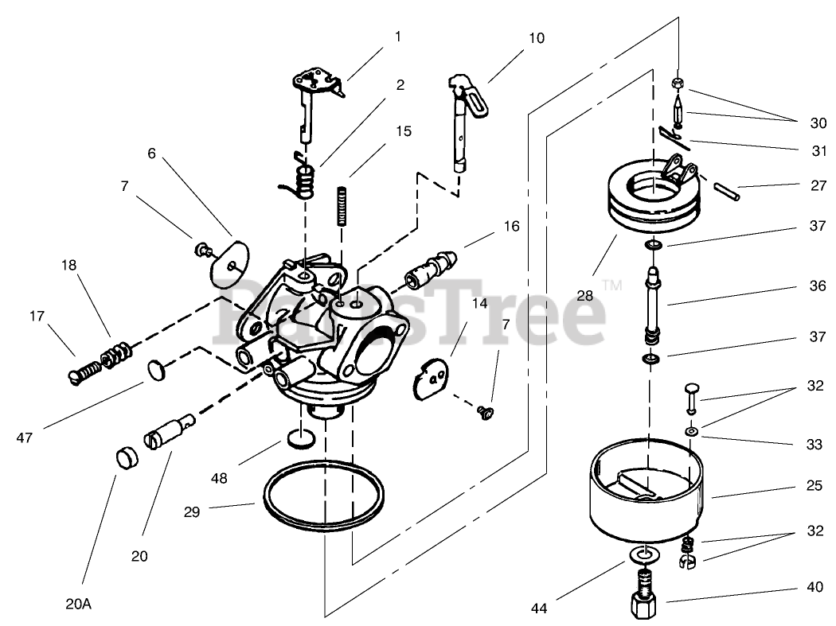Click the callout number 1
[x=397, y=36]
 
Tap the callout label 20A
[x=78, y=604]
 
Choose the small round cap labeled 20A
[x=126, y=458]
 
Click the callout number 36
[x=818, y=285]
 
